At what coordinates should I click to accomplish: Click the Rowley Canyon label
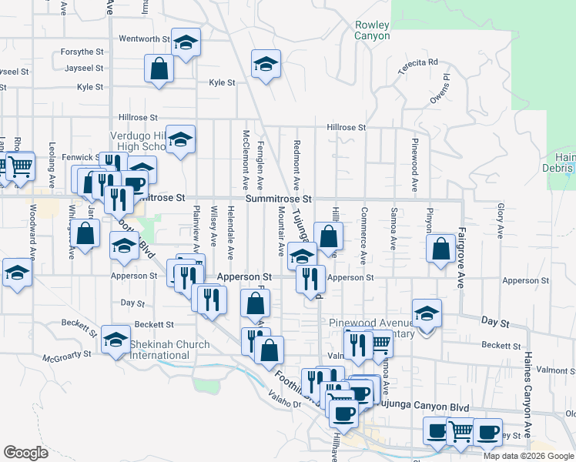click(372, 30)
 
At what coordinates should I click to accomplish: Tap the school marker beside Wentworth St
click(185, 42)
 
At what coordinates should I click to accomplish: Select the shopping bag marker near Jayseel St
click(159, 69)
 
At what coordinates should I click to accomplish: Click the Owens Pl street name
click(440, 89)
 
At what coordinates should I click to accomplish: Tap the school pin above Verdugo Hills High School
click(180, 139)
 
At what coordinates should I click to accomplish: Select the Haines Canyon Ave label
click(528, 393)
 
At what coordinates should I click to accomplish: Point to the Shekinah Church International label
click(159, 350)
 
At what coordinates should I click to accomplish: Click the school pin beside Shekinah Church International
click(116, 339)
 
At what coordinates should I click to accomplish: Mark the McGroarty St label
click(67, 356)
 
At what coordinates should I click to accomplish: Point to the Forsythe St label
click(84, 52)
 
